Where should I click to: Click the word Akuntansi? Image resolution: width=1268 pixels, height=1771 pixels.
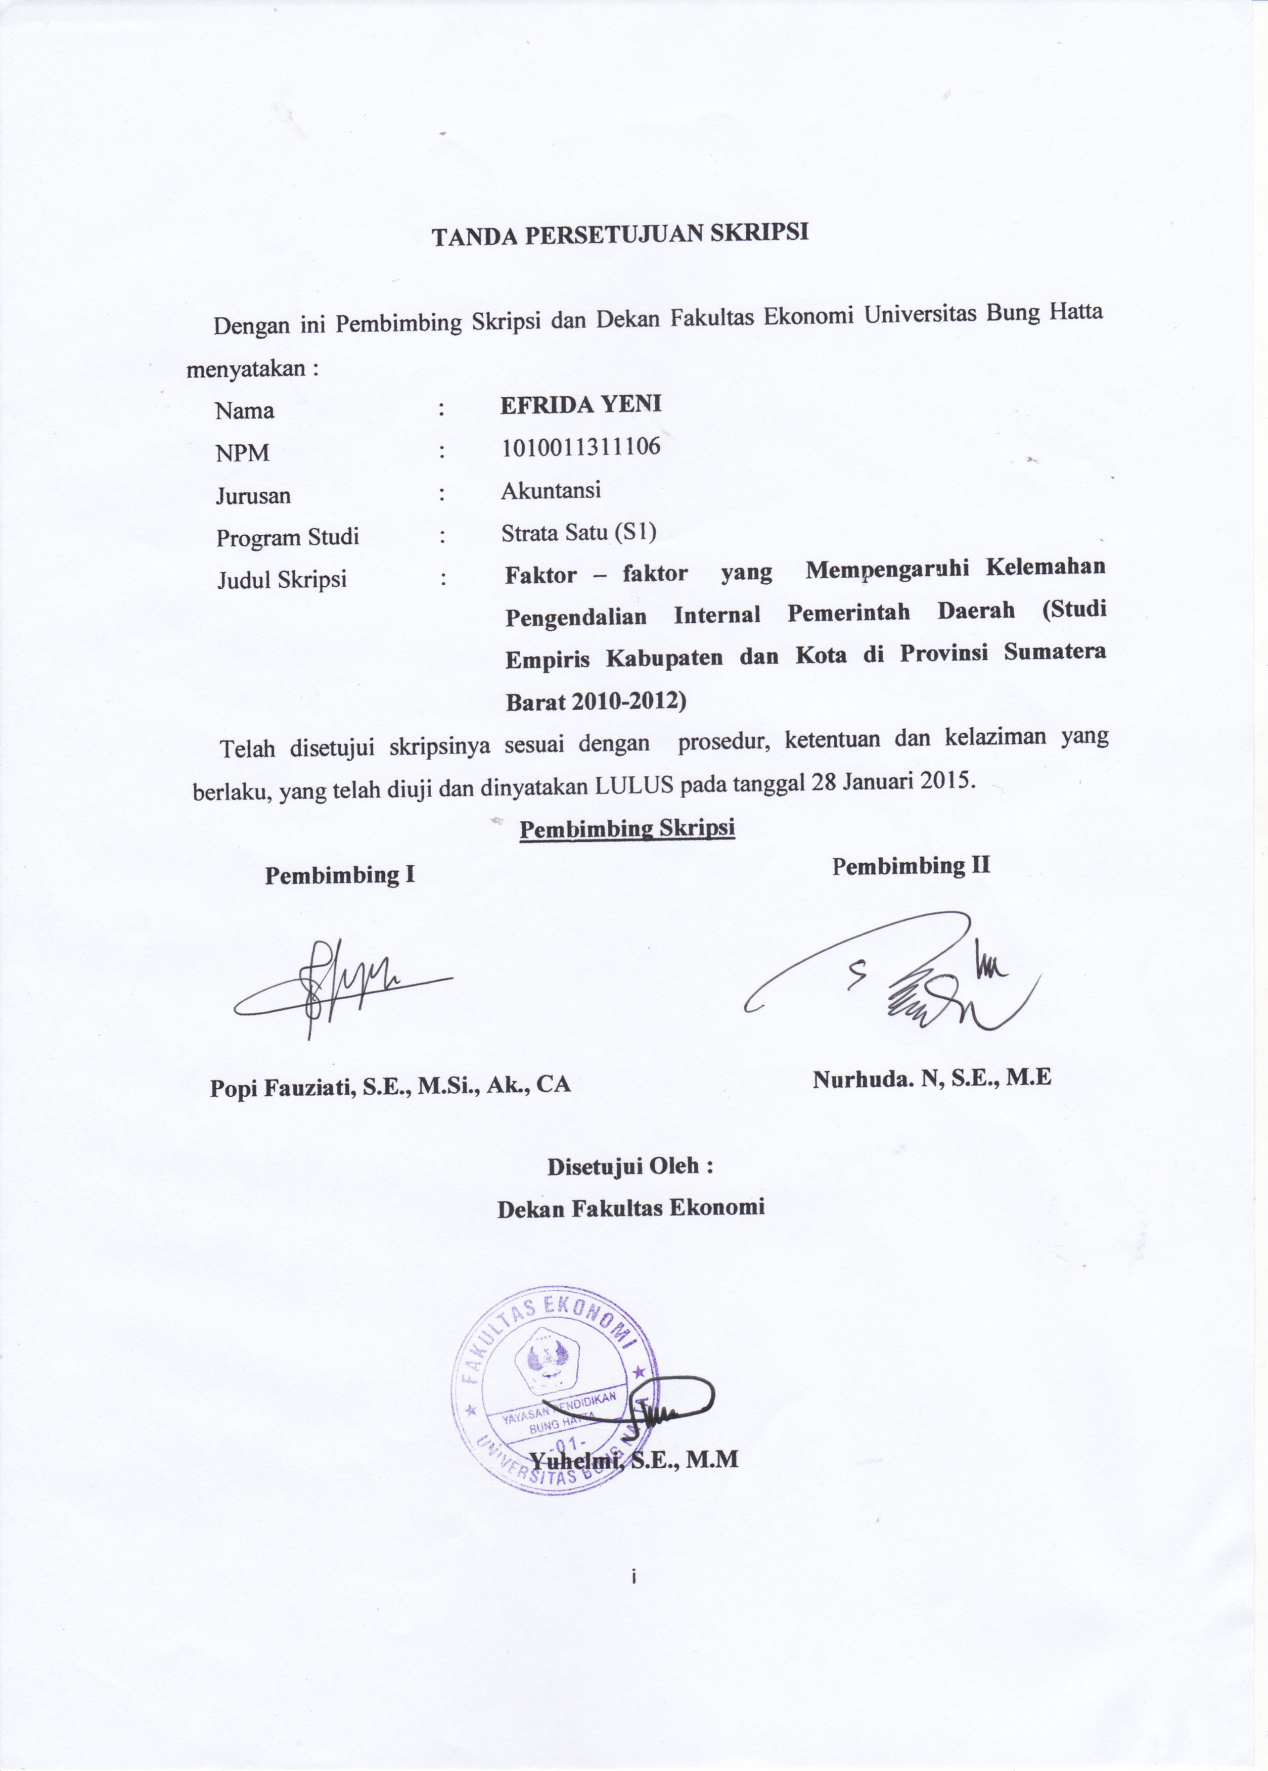551,490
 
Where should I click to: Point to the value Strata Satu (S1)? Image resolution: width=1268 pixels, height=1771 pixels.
578,532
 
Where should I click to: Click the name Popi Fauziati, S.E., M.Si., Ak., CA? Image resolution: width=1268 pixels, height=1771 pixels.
390,1085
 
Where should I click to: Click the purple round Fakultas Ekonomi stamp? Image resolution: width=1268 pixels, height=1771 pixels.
554,1389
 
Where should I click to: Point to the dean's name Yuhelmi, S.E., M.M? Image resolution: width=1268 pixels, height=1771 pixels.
633,1460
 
